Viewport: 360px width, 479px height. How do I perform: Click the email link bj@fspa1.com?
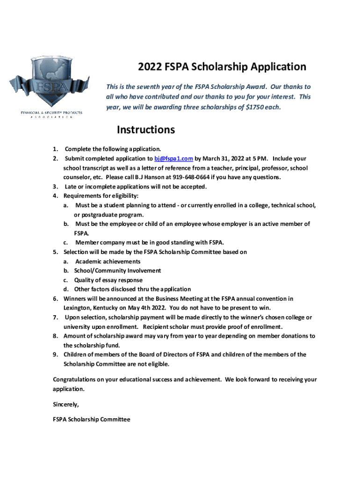(173, 159)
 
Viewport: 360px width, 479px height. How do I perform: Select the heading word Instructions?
(146, 130)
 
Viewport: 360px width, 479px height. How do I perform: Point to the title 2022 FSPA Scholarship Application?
(222, 67)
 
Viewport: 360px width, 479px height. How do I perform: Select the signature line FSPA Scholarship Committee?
(92, 419)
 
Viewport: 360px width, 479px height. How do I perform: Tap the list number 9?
(55, 355)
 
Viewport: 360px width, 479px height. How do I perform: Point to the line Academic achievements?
(108, 261)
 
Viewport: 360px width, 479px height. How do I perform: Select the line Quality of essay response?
(108, 280)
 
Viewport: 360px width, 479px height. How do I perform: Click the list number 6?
(55, 298)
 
